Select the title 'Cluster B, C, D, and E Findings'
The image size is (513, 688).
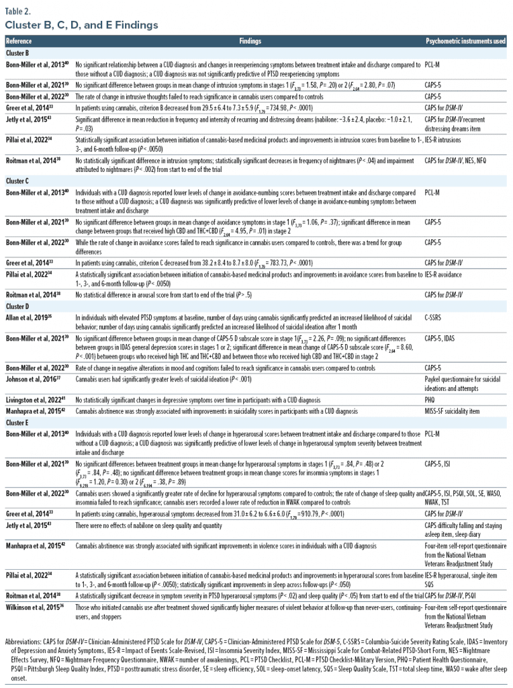coord(82,26)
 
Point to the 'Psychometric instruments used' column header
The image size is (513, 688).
coord(465,41)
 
